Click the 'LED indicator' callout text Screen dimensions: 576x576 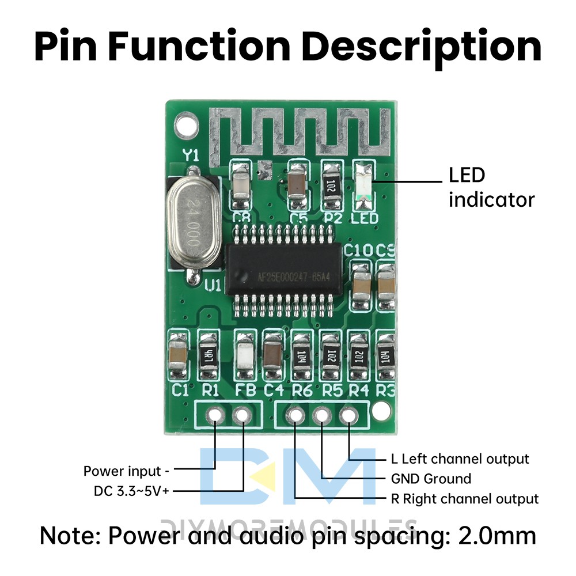491,187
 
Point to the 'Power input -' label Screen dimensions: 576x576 126,471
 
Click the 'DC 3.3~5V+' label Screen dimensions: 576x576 132,491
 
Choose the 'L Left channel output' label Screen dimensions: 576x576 459,459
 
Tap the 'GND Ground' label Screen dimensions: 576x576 431,479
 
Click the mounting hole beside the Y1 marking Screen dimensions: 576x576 185,123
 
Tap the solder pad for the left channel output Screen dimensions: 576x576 348,415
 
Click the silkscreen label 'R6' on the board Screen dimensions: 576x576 302,391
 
